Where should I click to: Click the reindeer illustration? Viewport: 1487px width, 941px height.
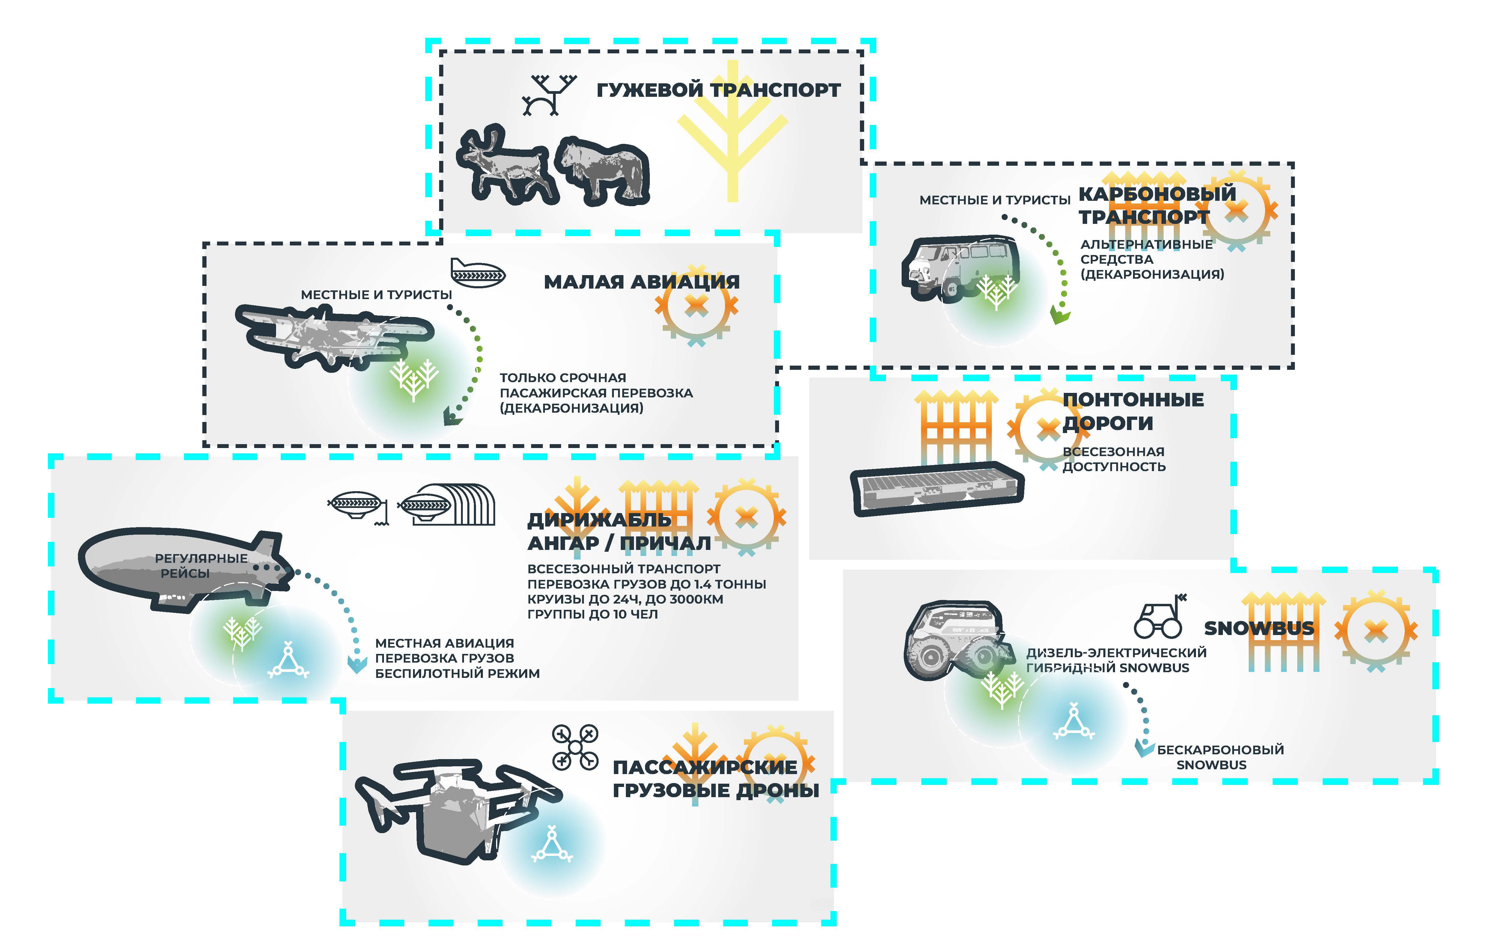pos(503,164)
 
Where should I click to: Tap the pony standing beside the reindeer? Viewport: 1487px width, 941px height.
pos(602,170)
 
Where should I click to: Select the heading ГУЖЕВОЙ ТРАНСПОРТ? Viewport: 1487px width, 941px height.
pos(718,90)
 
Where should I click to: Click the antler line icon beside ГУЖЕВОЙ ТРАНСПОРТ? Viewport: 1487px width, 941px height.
pos(548,94)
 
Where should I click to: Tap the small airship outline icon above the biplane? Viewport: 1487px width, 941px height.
pos(477,273)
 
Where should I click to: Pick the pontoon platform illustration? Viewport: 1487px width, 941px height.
pos(935,488)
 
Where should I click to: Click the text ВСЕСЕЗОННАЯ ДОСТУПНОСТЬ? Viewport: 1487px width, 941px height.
pos(1114,459)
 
